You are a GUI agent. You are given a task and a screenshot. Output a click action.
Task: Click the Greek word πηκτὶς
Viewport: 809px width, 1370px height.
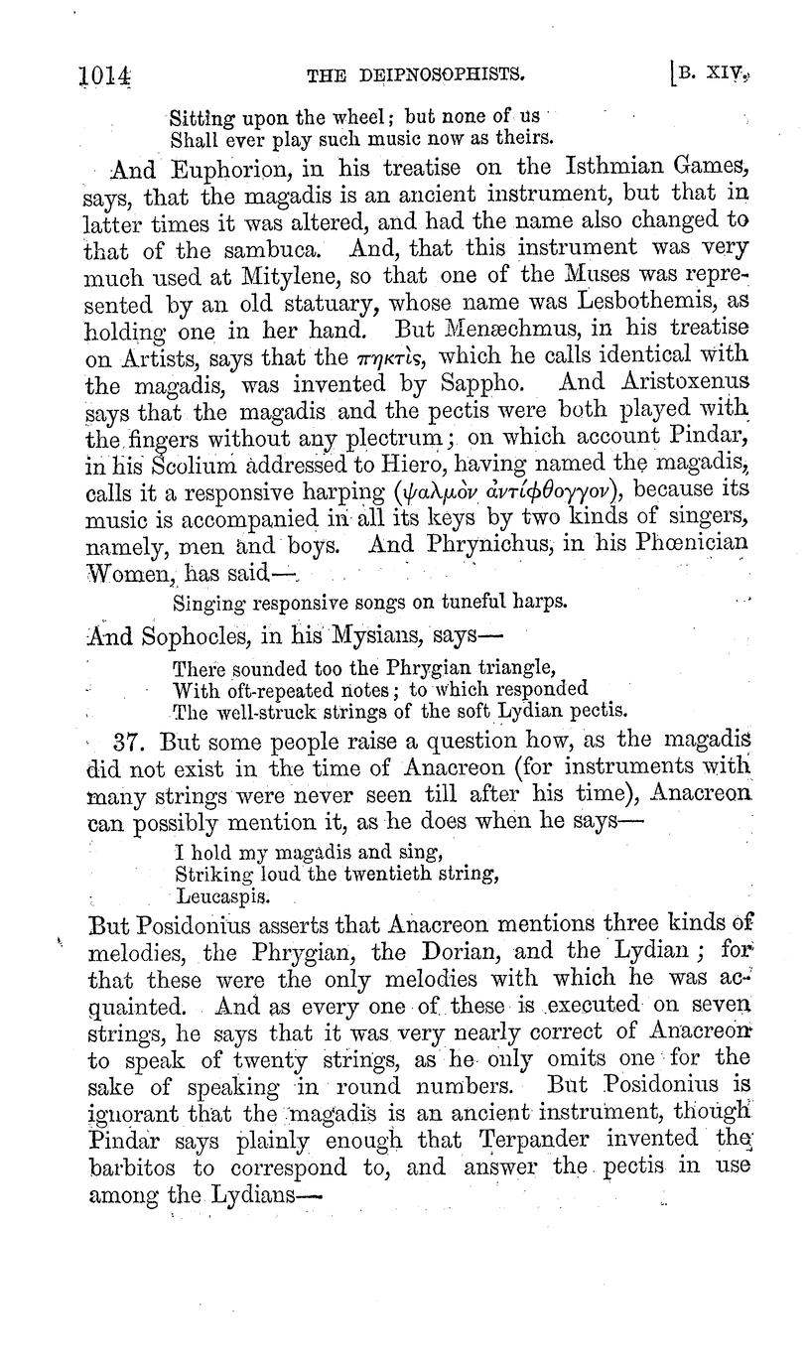397,355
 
